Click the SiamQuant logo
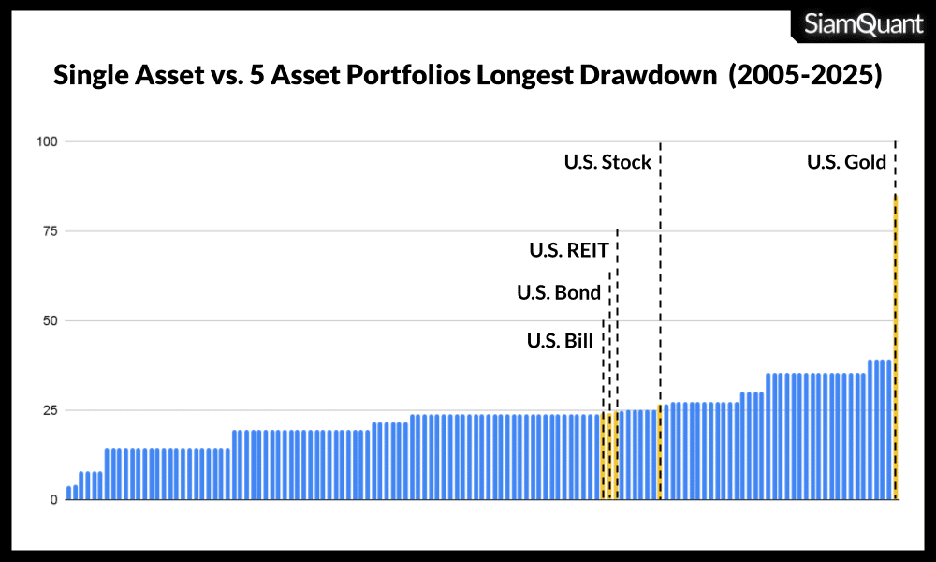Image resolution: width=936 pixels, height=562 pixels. pos(864,24)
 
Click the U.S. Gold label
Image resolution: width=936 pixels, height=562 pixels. pos(846,162)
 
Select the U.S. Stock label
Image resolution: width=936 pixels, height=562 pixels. pos(607,162)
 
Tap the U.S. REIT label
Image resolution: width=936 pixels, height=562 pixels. pos(569,250)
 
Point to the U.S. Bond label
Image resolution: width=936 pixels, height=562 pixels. pos(559,293)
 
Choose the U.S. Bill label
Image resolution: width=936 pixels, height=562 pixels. pos(560,341)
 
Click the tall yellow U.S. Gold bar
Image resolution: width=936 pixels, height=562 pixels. pos(896,347)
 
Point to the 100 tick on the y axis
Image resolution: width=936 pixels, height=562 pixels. pos(48,141)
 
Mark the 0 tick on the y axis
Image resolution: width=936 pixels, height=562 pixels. pos(54,500)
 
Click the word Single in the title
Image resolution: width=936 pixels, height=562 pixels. pos(92,76)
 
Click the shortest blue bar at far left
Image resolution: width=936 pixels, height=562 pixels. pos(68,493)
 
